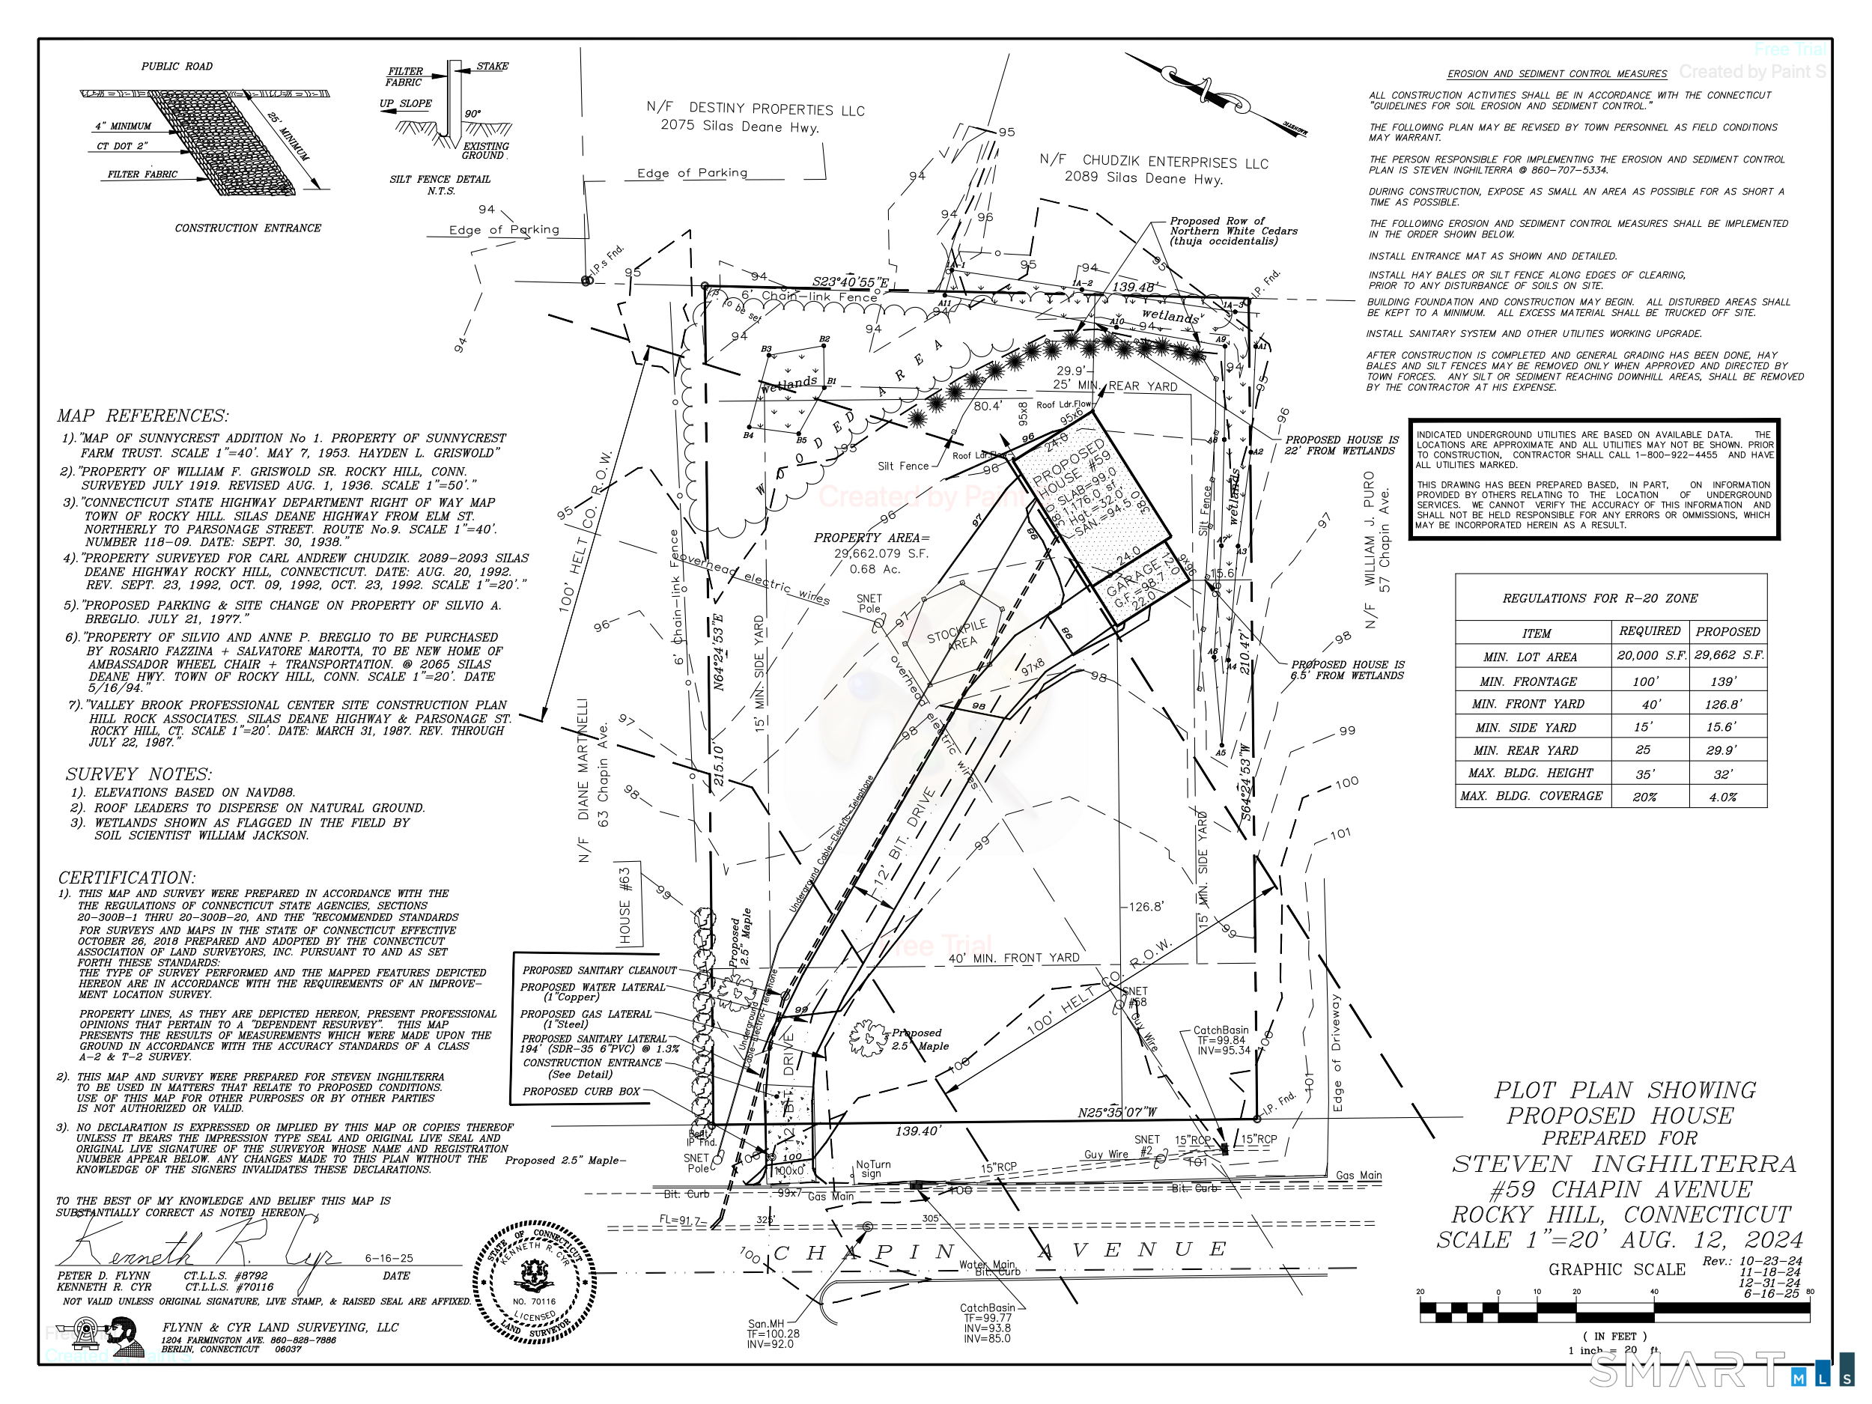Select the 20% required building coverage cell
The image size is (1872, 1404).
[x=1644, y=797]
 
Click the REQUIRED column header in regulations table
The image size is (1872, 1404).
[x=1650, y=631]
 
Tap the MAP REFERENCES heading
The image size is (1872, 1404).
[x=142, y=416]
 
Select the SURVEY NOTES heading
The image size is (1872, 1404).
[x=139, y=774]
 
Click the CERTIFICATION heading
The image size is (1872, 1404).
[x=127, y=878]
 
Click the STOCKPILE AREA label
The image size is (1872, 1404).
[x=958, y=634]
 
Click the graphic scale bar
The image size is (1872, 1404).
[x=1614, y=1313]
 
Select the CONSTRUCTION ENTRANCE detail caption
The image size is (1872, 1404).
[x=248, y=228]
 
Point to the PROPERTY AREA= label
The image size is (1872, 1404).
[x=872, y=538]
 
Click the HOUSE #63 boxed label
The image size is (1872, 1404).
[x=625, y=905]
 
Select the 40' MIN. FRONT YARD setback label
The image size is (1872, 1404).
[x=1014, y=958]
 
